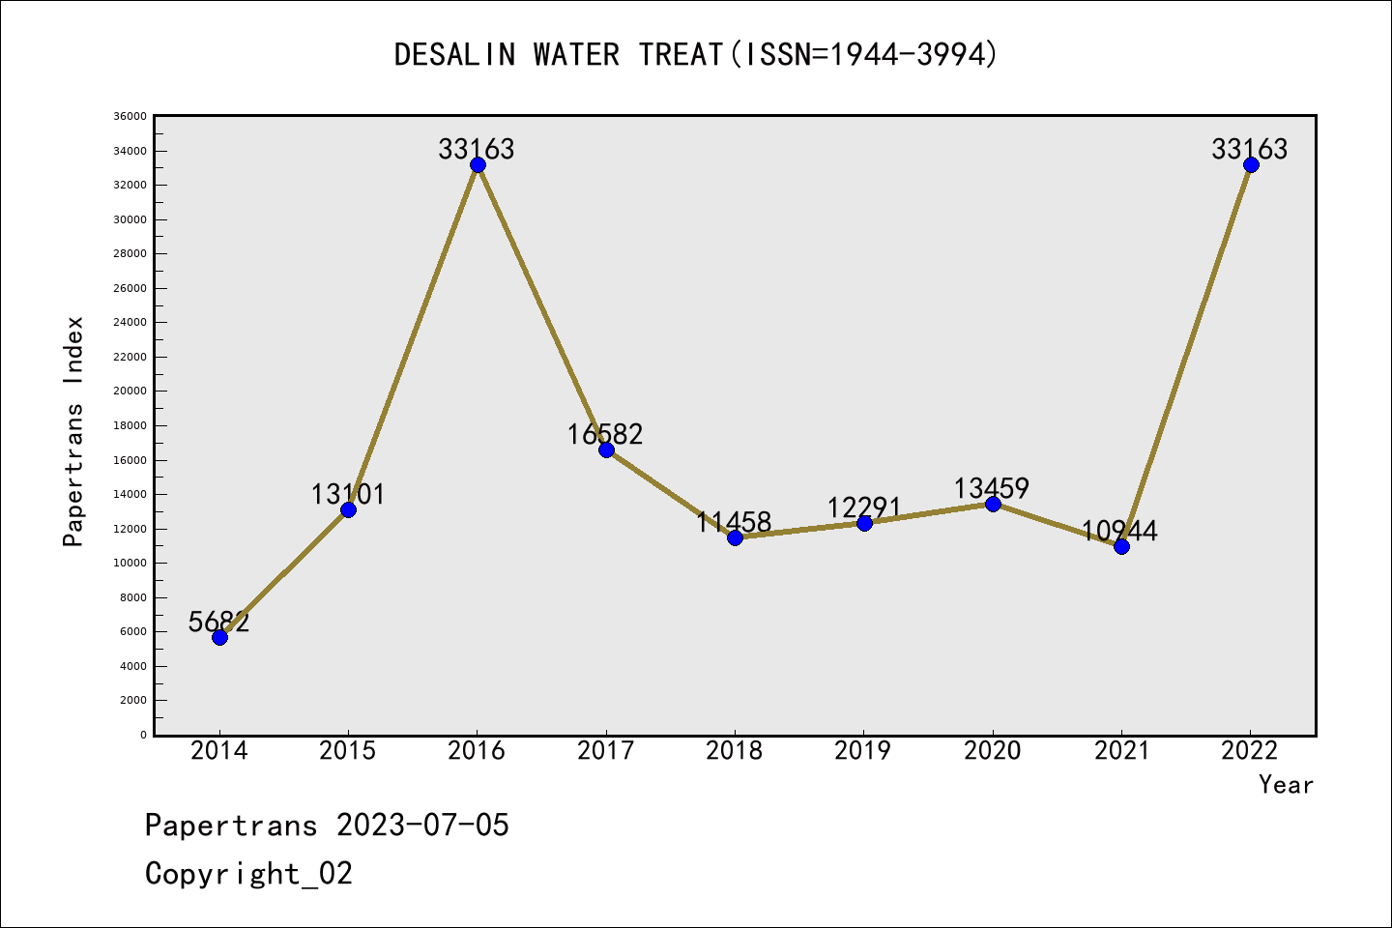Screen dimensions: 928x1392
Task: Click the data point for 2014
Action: coord(219,637)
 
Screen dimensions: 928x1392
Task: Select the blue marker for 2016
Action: coord(478,165)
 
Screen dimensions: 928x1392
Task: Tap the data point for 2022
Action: coord(1251,165)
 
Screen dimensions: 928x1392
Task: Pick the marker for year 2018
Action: coord(735,537)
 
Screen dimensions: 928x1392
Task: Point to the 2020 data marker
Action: coord(993,504)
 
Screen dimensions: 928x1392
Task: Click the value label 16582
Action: coord(605,435)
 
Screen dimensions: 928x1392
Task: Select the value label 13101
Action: coord(348,495)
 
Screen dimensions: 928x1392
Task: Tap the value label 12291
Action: coord(863,507)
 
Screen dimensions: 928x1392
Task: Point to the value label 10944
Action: coord(1119,531)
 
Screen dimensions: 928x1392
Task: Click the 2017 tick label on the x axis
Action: coord(605,751)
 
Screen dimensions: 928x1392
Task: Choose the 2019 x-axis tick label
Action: coord(863,751)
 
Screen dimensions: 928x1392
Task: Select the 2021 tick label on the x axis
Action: coord(1121,751)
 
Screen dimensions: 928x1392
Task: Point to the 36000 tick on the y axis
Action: coord(130,116)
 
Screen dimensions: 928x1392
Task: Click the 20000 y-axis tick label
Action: coord(130,391)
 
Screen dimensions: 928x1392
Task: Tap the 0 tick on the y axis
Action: coord(143,735)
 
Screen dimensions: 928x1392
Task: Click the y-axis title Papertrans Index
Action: coord(73,431)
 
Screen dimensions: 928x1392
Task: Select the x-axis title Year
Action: coord(1286,785)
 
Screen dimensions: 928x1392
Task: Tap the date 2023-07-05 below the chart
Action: coord(422,826)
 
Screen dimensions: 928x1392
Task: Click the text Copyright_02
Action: coord(248,874)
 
